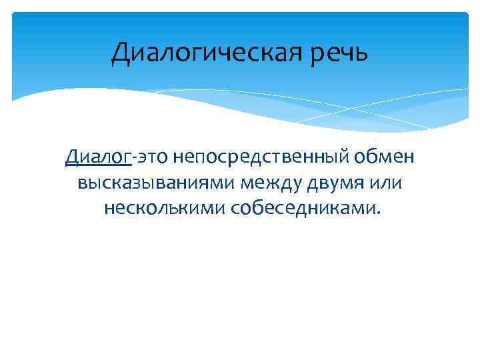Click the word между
[x=268, y=183]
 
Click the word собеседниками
[x=303, y=209]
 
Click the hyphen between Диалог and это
[x=133, y=159]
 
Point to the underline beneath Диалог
[x=98, y=166]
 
